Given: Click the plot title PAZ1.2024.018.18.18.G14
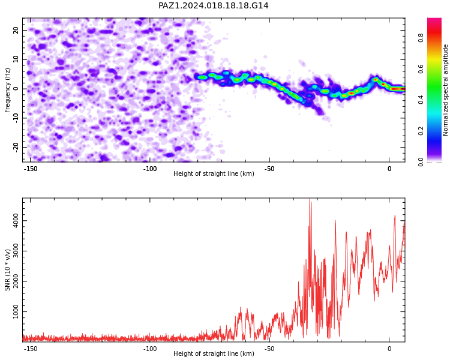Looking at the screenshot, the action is click(x=213, y=5).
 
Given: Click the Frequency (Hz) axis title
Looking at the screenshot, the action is click(x=7, y=90).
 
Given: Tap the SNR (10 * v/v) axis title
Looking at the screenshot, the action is click(x=7, y=270).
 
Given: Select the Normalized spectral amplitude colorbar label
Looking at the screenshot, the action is click(x=445, y=90).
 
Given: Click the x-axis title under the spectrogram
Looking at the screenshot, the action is click(x=214, y=173).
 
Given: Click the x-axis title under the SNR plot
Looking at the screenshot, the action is click(x=214, y=353).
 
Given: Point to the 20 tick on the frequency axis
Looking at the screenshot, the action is click(x=16, y=30).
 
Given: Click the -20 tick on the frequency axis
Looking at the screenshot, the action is click(x=16, y=147).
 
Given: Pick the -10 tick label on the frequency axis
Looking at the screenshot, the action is click(x=16, y=118).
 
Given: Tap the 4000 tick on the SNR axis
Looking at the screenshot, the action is click(x=16, y=221).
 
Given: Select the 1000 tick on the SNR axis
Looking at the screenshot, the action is click(x=16, y=312).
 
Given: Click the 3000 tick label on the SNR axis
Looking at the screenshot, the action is click(x=16, y=251).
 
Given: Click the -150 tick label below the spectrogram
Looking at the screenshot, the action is click(x=30, y=169).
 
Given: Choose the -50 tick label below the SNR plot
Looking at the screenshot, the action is click(x=269, y=349).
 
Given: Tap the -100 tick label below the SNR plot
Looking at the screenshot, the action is click(x=150, y=349).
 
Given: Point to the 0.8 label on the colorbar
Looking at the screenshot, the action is click(x=421, y=37).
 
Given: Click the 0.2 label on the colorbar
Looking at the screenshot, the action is click(x=421, y=131).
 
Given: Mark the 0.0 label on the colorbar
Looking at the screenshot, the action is click(x=421, y=162).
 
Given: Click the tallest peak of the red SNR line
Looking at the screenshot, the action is click(x=310, y=199).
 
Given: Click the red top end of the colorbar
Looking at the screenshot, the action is click(x=434, y=19).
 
